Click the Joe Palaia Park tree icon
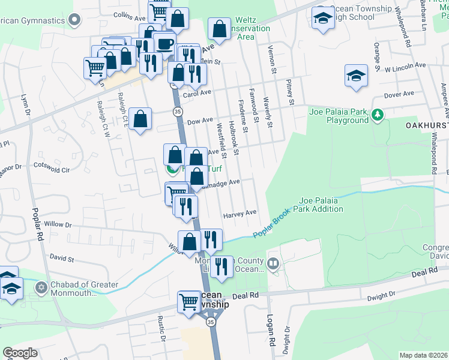[378, 115]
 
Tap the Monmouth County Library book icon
[273, 263]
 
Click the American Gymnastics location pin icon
[74, 21]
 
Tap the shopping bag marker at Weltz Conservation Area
[220, 28]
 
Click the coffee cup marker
[164, 43]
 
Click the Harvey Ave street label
[240, 213]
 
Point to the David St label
[62, 259]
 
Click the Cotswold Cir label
[52, 167]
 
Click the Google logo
[20, 353]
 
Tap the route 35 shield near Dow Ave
[177, 112]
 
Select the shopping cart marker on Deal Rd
[188, 302]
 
